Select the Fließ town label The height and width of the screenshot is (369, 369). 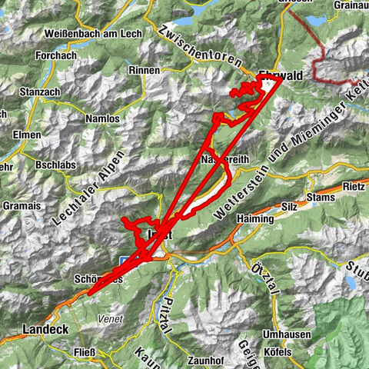(x=84, y=353)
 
